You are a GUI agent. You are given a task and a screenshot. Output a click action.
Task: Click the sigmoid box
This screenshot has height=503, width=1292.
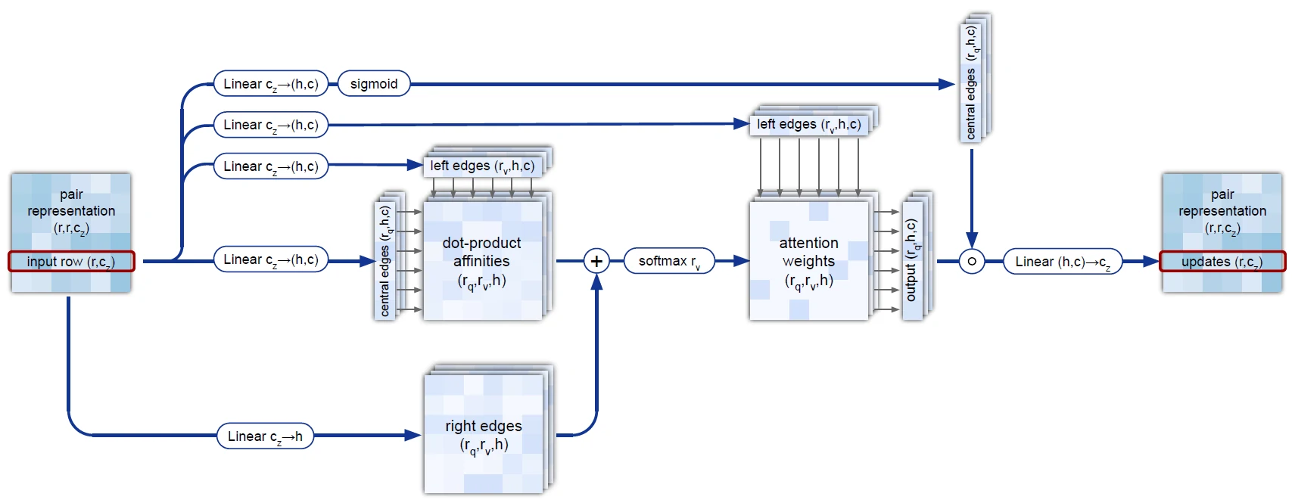(x=374, y=84)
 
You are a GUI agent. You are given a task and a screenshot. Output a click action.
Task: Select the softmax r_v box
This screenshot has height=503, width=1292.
(x=669, y=261)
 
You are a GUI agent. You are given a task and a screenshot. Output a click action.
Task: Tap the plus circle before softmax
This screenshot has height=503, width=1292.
(x=596, y=261)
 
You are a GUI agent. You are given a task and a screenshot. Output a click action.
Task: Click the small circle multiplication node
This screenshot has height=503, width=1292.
(x=972, y=261)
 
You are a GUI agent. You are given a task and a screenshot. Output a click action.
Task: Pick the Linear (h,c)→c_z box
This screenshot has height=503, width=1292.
(x=1062, y=262)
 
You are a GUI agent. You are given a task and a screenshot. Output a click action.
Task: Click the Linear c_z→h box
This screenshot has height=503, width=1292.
(x=265, y=436)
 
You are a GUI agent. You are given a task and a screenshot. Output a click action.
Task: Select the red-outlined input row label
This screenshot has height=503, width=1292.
(x=71, y=262)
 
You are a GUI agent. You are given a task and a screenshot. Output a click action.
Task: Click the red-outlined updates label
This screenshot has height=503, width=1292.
(x=1222, y=262)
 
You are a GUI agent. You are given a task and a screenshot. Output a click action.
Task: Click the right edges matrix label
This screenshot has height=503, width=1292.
(x=484, y=435)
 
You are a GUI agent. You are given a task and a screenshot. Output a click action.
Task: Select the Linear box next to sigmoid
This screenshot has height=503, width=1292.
(x=271, y=84)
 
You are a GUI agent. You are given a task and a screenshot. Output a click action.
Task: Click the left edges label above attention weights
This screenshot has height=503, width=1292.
(x=808, y=124)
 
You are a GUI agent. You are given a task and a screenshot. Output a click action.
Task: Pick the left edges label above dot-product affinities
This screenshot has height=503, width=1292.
(x=482, y=166)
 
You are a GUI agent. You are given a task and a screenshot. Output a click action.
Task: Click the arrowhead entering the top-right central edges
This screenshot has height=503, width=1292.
(x=947, y=84)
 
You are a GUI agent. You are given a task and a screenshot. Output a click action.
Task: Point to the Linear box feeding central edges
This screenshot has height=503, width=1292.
(x=271, y=259)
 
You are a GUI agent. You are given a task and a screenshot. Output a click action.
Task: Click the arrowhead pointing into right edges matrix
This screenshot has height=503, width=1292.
(x=413, y=435)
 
